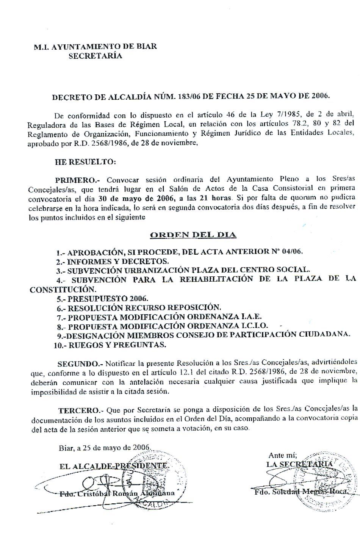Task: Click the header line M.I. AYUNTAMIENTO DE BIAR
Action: pos(95,47)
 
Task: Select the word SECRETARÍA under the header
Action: pos(95,56)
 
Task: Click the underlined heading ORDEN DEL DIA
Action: pos(193,235)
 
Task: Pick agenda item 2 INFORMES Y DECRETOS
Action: pos(117,262)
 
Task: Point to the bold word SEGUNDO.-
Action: pos(80,364)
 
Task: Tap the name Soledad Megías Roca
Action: pos(309,491)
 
